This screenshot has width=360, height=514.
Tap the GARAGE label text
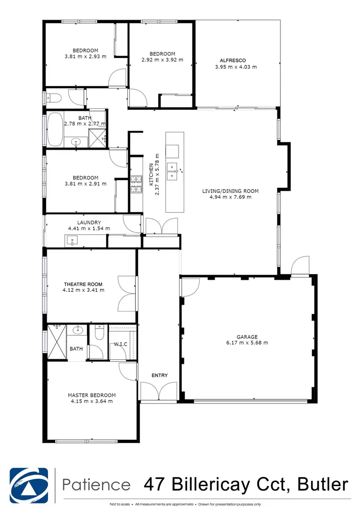(247, 337)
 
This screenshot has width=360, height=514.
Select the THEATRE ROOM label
(83, 284)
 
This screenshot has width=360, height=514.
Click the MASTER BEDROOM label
(91, 395)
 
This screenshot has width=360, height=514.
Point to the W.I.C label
(120, 344)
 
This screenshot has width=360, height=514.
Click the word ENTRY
(159, 375)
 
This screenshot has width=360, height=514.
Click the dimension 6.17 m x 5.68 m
(247, 343)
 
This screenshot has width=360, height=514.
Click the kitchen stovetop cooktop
(136, 185)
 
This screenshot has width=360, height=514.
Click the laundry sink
(72, 240)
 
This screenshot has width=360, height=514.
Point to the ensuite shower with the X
(57, 341)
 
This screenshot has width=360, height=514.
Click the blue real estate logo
(29, 484)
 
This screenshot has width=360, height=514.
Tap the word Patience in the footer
(96, 484)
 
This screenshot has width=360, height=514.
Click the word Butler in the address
(323, 484)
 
